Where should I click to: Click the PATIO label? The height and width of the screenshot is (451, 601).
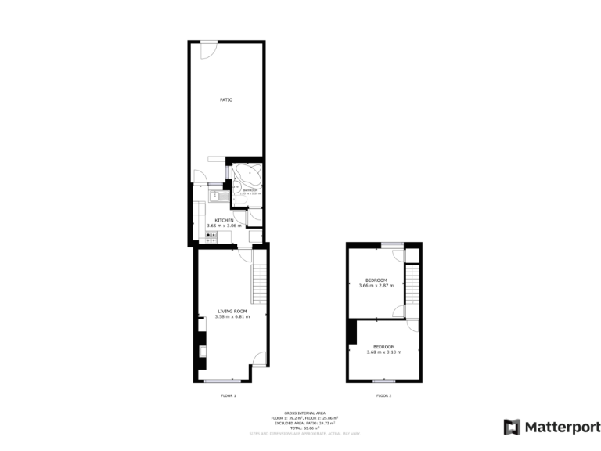tap(225, 99)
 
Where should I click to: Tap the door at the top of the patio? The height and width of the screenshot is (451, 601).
tap(208, 49)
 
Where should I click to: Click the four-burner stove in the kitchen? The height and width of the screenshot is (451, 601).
tap(211, 234)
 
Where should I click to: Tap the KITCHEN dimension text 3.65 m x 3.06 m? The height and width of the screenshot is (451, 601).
tap(223, 225)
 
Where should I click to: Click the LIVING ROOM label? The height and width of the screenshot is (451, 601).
tap(232, 311)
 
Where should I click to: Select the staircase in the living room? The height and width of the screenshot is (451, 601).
tap(258, 283)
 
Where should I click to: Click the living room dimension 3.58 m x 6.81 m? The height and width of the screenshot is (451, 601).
tap(232, 317)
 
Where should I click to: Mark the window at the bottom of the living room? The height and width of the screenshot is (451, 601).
tap(217, 381)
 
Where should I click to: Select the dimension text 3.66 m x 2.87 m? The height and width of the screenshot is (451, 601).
tap(376, 286)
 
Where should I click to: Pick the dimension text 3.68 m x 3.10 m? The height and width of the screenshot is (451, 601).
tap(383, 352)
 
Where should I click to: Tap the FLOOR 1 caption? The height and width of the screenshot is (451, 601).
tap(228, 396)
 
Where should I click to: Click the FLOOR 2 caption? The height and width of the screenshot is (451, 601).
tap(383, 396)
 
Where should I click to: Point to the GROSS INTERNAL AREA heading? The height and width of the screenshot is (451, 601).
tap(304, 413)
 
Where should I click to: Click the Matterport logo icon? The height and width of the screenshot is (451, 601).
tap(512, 427)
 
